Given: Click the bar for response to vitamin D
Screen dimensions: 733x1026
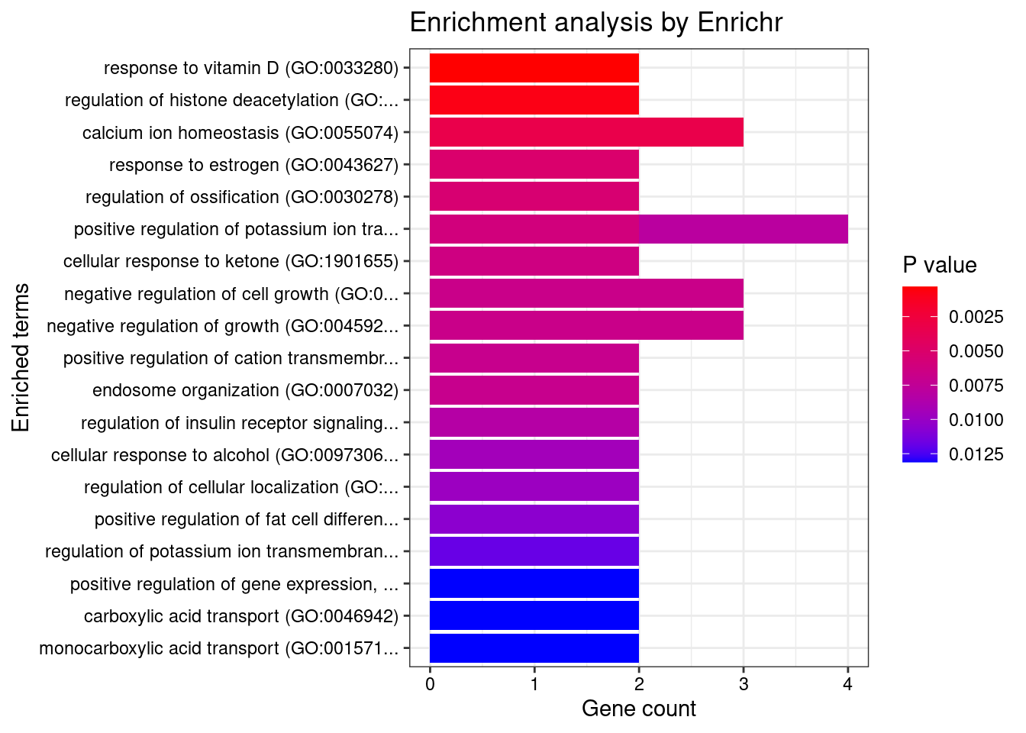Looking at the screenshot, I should point(534,68).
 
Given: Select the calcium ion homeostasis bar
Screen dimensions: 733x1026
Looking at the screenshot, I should point(586,132).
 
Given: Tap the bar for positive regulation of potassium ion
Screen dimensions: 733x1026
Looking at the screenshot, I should point(638,229).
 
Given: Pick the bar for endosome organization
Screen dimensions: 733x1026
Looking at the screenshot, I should point(534,390).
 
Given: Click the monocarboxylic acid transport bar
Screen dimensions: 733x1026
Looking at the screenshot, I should point(534,647).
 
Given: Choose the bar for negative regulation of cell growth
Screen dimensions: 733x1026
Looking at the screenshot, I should point(586,293).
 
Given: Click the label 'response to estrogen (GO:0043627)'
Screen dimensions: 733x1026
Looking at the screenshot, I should point(253,165).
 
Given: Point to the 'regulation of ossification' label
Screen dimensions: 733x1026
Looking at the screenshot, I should point(242,197).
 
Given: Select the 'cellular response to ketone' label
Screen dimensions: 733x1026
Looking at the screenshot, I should point(231,261).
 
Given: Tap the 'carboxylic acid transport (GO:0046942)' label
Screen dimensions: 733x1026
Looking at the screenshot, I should point(241,616).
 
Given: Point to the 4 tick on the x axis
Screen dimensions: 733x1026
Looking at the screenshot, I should point(847,684).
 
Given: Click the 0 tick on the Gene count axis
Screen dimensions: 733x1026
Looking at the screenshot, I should point(431,684).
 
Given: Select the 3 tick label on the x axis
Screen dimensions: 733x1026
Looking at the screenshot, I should point(744,684).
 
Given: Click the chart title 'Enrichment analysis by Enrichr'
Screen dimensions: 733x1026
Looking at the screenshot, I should point(596,23).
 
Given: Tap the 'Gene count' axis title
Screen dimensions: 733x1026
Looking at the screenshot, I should point(639,709).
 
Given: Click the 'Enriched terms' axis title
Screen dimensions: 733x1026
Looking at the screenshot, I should point(21,357).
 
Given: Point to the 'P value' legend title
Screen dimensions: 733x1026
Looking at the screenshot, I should point(940,265).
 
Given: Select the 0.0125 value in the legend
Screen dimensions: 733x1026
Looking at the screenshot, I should point(976,455).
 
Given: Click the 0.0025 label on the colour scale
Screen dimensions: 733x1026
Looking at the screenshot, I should point(976,317).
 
